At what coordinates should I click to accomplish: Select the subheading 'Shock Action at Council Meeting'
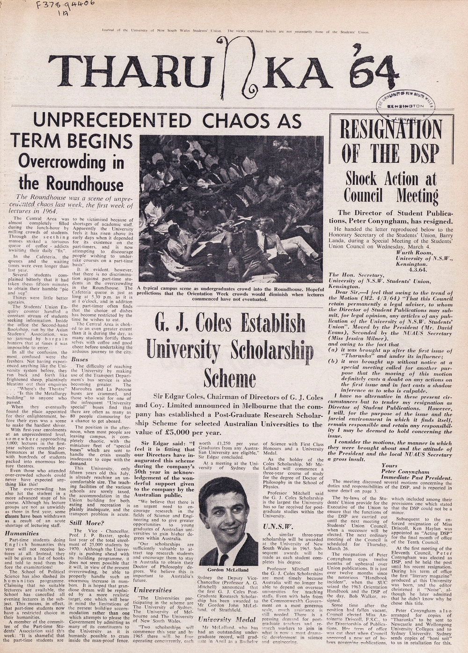pyautogui.click(x=391, y=186)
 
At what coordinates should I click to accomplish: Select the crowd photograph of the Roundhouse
pyautogui.click(x=231, y=208)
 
